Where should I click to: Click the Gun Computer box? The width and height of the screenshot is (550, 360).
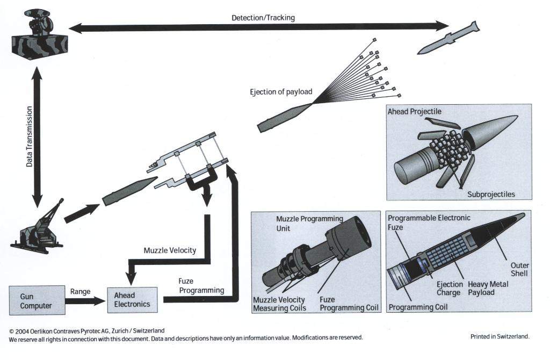[37, 301]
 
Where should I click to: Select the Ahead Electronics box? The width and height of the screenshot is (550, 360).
[132, 300]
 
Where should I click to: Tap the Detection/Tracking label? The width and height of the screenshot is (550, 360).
[263, 18]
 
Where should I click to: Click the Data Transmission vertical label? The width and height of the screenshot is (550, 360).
[30, 136]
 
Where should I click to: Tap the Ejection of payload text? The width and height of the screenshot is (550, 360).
[281, 91]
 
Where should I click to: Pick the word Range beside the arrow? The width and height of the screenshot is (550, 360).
[79, 291]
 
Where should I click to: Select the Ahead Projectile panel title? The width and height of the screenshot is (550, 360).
[414, 111]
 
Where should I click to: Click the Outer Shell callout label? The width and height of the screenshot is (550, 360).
[520, 269]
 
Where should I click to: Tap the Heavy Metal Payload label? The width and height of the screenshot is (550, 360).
[488, 289]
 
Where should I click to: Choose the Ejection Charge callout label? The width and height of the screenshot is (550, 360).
[449, 289]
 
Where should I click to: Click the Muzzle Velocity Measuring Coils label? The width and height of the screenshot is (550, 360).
[279, 304]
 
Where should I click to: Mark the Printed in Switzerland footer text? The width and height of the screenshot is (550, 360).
[500, 337]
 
